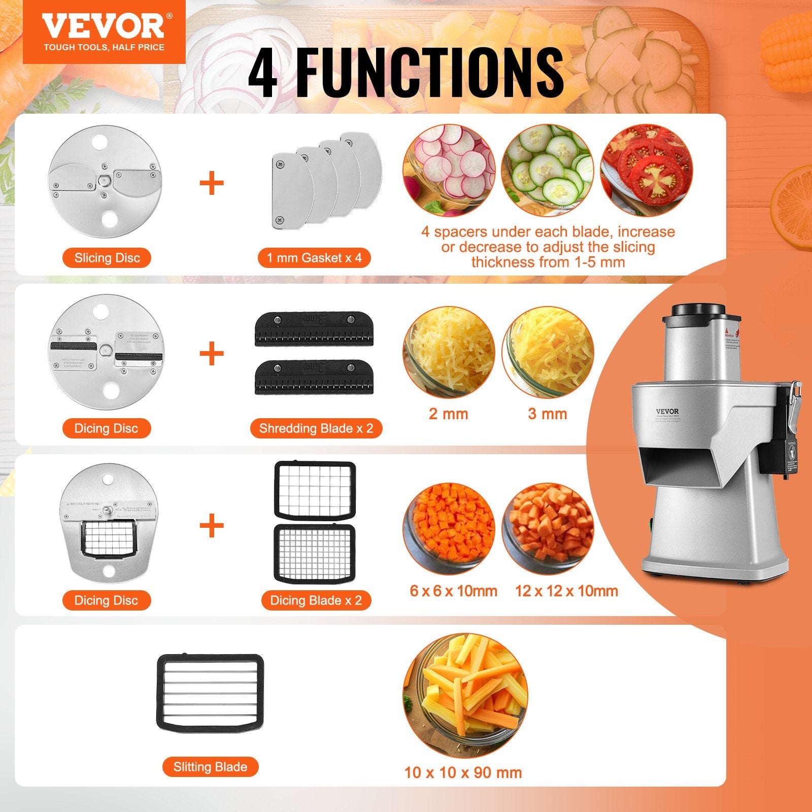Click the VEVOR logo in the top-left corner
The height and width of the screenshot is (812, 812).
(104, 31)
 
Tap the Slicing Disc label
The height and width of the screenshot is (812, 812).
(107, 258)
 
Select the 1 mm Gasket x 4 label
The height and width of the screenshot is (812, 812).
(315, 258)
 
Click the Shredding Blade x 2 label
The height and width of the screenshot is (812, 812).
(316, 428)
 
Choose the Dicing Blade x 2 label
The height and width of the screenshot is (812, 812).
(316, 600)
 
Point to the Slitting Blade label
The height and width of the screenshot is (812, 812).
(210, 766)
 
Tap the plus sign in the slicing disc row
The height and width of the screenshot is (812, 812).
(212, 183)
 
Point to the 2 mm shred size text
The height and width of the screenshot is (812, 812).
(448, 414)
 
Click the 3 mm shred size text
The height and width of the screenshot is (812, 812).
(547, 414)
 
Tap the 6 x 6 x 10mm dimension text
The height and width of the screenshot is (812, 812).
(454, 591)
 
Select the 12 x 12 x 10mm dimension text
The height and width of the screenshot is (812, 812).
(566, 591)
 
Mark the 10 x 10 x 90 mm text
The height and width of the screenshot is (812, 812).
(463, 773)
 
